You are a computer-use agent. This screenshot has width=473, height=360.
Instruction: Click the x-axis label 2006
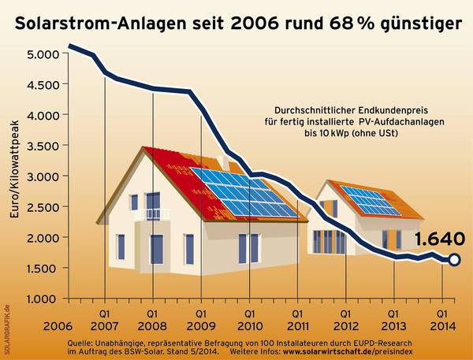tap(56, 325)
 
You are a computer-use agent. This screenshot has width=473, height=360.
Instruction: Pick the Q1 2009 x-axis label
tap(201, 319)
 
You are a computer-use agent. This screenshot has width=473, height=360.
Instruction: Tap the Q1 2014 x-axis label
tap(442, 319)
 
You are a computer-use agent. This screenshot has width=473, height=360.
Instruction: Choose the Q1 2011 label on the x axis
tap(297, 319)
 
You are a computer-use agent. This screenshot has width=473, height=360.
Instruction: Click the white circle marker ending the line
tap(454, 259)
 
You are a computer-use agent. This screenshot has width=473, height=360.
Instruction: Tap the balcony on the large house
tap(151, 213)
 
